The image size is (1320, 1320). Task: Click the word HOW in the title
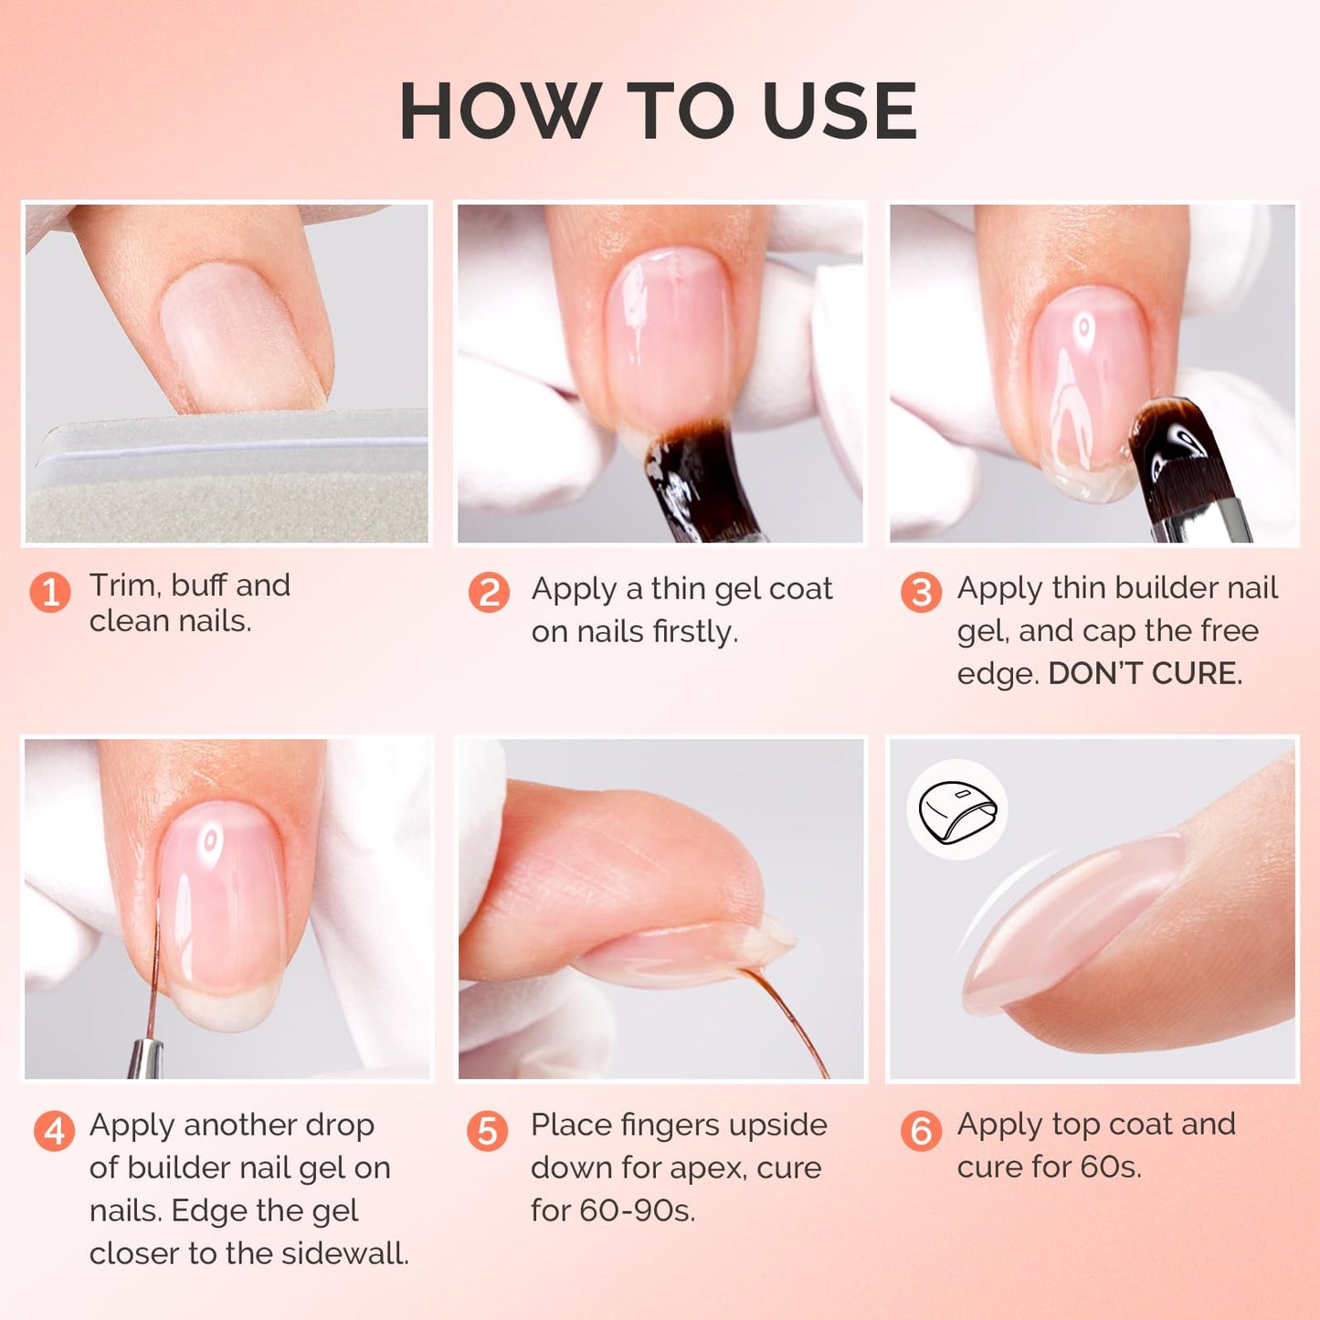(501, 111)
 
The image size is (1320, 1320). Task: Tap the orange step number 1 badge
(50, 592)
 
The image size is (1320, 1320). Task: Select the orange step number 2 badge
(489, 592)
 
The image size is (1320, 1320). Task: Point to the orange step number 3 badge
(921, 592)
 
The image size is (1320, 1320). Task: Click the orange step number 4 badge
(54, 1131)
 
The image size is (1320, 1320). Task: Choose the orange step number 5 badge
(488, 1131)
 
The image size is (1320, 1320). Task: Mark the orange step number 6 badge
(921, 1131)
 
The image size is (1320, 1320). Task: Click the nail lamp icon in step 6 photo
(956, 809)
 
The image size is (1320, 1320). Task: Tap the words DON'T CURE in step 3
(1145, 673)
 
